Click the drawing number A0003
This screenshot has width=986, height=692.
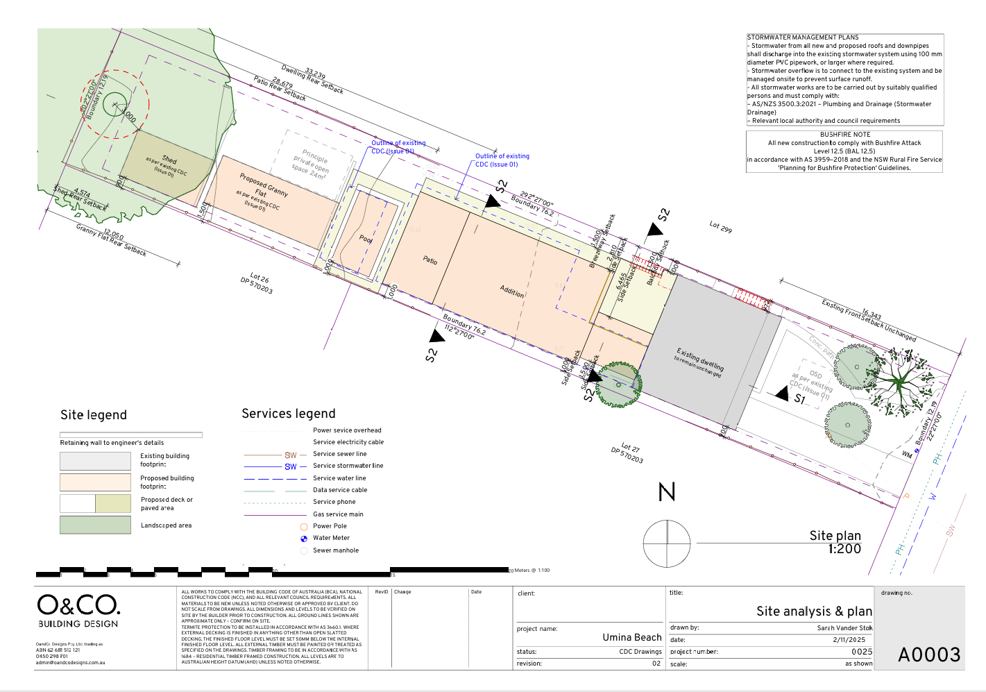(929, 655)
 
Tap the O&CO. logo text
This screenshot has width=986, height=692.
(78, 605)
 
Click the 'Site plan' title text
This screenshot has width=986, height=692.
(835, 535)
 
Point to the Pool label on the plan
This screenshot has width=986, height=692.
(366, 239)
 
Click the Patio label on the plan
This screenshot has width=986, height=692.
(430, 260)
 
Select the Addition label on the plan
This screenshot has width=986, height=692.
(512, 292)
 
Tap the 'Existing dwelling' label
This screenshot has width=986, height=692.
(700, 359)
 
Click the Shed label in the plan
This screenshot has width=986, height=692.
(169, 159)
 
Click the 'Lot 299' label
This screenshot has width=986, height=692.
(720, 227)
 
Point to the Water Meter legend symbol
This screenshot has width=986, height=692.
(304, 539)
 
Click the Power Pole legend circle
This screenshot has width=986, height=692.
(304, 527)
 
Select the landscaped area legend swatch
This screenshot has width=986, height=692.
(95, 525)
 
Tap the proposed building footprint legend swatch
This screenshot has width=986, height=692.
(95, 482)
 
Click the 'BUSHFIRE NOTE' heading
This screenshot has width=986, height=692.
(844, 135)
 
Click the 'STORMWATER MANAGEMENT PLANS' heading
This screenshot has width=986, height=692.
(803, 37)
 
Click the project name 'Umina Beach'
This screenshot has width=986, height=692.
(631, 637)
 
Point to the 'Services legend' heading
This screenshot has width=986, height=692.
(288, 414)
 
